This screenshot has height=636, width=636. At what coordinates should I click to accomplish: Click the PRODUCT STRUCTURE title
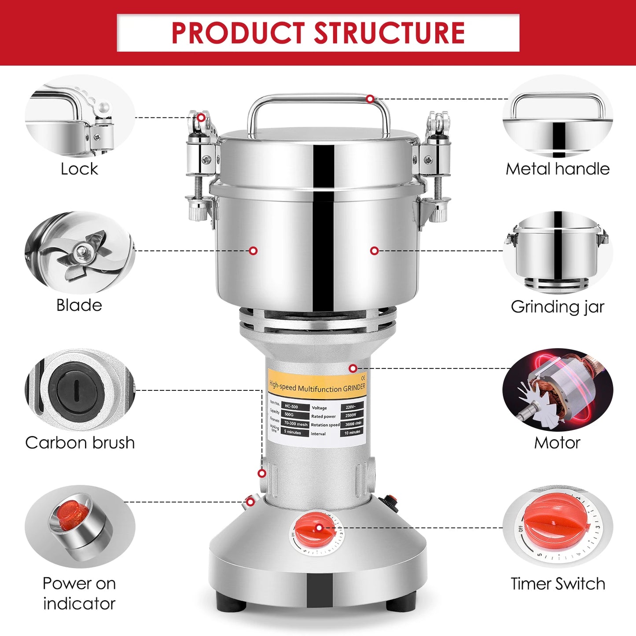(318, 33)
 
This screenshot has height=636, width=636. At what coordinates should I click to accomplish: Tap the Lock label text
(79, 169)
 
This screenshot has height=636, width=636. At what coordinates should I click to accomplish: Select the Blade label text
(79, 305)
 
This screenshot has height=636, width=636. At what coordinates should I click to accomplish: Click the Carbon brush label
(80, 443)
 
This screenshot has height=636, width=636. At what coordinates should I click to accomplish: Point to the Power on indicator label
(79, 593)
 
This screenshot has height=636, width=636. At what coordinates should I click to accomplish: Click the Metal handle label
(557, 169)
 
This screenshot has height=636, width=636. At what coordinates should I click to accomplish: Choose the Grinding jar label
(557, 307)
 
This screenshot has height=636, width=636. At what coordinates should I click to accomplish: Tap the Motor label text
(557, 443)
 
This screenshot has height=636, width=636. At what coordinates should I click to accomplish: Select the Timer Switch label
(558, 584)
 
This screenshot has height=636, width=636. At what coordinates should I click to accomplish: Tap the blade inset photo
(80, 253)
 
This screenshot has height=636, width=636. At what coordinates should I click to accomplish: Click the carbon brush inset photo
(80, 390)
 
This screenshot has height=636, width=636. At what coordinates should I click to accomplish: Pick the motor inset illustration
(557, 390)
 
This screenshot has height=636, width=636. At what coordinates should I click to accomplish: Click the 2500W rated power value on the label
(351, 415)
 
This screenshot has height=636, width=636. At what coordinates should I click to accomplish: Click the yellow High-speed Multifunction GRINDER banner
(317, 386)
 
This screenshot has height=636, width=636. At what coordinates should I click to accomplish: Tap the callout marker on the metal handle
(370, 99)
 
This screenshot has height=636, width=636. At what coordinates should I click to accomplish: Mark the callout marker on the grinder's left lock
(201, 118)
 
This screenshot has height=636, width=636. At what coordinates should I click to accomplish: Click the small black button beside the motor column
(388, 500)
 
